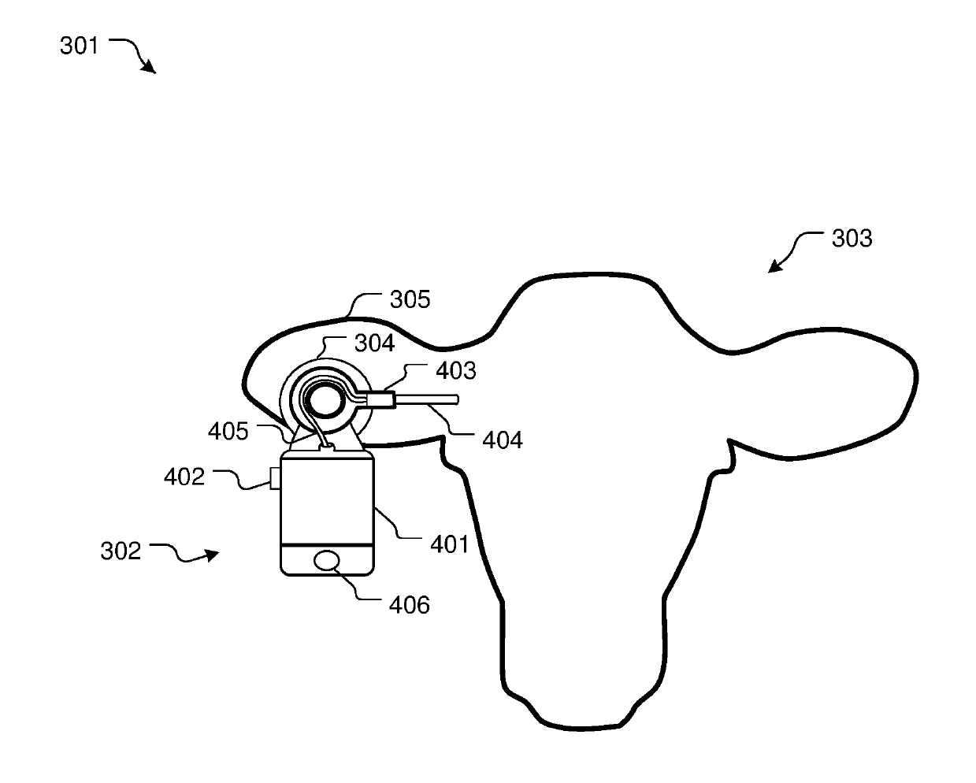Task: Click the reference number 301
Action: coord(79,46)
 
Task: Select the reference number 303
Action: coord(852,238)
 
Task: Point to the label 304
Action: coord(374,343)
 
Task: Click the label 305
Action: coord(410,299)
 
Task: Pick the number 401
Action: coord(449,544)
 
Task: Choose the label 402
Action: coord(184,476)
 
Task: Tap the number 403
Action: coord(456,369)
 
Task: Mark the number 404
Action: coord(502,439)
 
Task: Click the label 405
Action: coord(228,430)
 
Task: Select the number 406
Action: coord(410,604)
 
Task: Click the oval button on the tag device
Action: coord(328,560)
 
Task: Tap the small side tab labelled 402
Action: coord(275,477)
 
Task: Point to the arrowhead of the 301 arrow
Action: coord(150,69)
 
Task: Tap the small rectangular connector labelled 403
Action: coord(380,399)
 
